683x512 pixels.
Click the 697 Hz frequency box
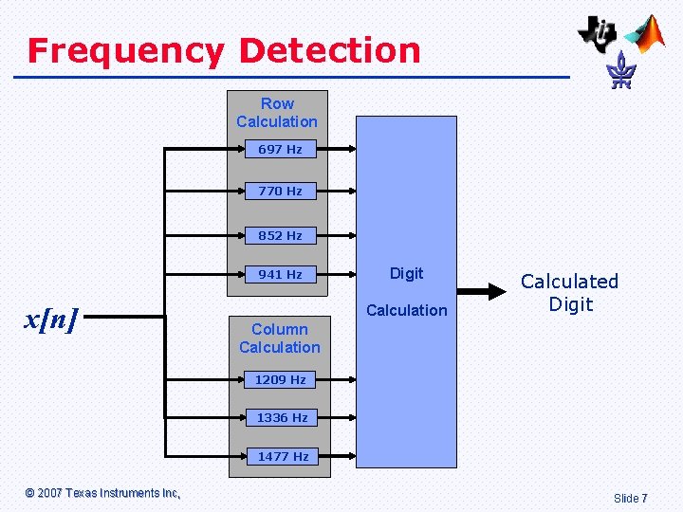coord(280,149)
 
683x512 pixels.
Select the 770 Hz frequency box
coord(280,191)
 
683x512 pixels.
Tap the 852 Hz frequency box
coord(280,235)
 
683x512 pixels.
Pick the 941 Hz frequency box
coord(280,274)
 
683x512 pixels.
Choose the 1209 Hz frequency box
coord(280,379)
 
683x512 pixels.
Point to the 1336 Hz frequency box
coord(282,417)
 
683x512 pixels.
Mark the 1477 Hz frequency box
coord(283,456)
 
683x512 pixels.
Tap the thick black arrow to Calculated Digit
coord(487,292)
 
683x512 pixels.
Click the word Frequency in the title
coord(125,50)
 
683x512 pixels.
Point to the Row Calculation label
coord(277,113)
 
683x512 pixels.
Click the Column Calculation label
coord(280,338)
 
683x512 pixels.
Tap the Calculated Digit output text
coord(569,293)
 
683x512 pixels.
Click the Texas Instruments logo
coord(599,33)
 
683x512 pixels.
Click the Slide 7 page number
coord(631,498)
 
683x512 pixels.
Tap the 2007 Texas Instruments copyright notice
coord(102,493)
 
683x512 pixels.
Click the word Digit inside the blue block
coord(406,273)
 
